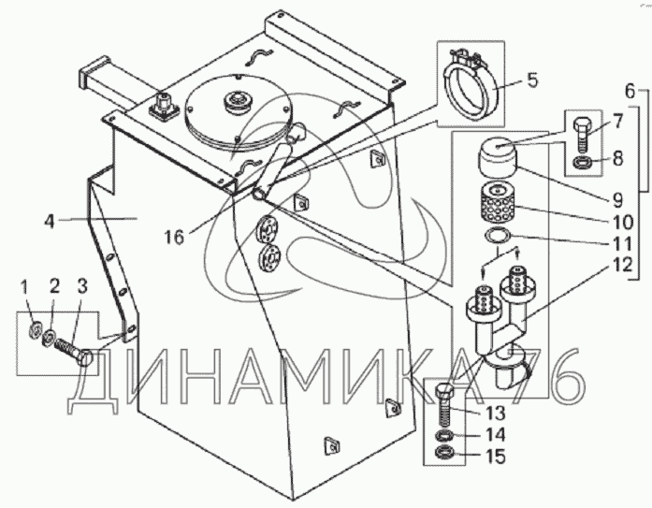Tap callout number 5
tap(531, 80)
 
